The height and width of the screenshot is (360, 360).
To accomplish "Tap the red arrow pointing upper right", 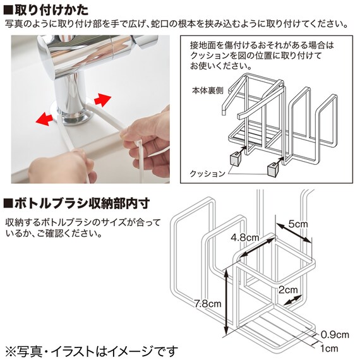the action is pos(102,100).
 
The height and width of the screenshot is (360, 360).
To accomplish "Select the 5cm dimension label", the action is pos(297,224).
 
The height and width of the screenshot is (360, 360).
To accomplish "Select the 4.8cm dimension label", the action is pos(245,237).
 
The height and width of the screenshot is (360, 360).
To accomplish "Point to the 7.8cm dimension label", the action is pos(207,304).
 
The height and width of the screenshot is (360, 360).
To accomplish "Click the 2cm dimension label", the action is pos(288,290).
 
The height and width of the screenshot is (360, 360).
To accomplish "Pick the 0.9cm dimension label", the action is pos(335,335).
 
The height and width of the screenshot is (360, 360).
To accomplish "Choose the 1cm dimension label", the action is pos(329,349).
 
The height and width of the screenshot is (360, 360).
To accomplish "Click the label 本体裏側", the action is pos(208,91).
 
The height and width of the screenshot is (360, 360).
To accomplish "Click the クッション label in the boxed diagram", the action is pos(207,174).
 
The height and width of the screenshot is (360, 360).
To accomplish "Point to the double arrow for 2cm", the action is pos(292,300).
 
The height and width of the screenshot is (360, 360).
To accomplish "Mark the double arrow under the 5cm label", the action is pos(293,232).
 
